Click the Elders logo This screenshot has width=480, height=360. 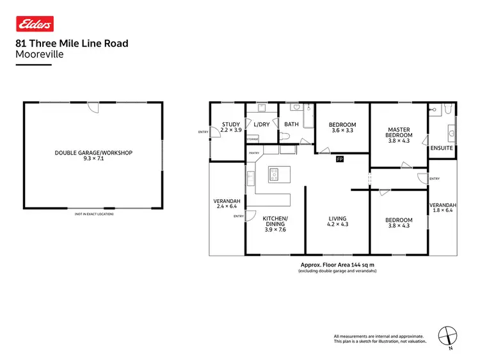tap(35, 24)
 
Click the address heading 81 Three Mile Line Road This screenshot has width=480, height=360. tap(72, 44)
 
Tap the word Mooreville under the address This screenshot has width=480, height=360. tap(39, 54)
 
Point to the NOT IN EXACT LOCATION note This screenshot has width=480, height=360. tap(94, 213)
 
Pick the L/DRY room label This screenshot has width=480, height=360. tap(261, 124)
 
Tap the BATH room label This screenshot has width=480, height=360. tap(291, 124)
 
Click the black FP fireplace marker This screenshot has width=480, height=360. tap(340, 159)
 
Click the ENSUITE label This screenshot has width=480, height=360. tap(442, 148)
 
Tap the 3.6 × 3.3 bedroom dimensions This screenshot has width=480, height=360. tap(342, 130)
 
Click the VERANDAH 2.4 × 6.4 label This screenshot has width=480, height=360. tap(227, 204)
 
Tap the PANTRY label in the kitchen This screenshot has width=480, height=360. tap(254, 153)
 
